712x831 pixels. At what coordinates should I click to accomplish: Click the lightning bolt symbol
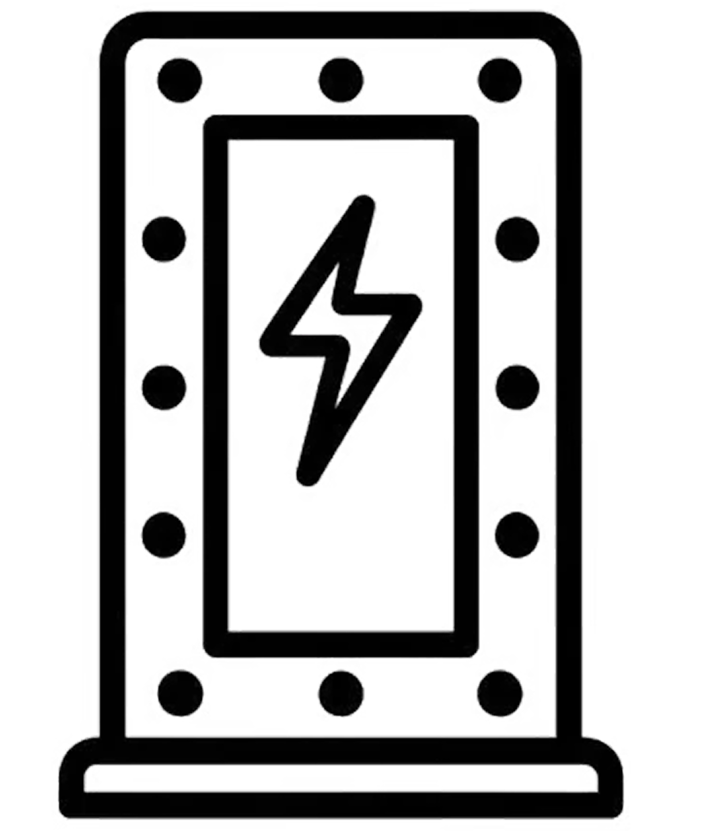point(340,340)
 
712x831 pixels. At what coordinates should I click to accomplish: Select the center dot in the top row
point(341,80)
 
